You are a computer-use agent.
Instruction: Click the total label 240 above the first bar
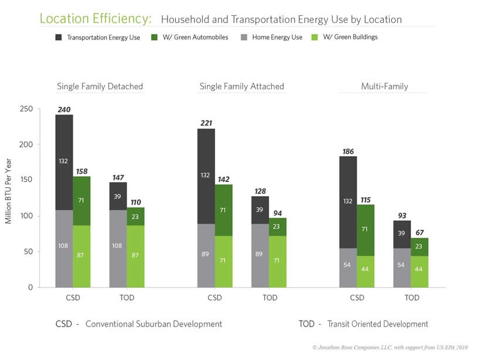[x=64, y=109]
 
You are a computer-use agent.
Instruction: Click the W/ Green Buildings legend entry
[x=350, y=38]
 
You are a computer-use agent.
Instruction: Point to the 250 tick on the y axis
[x=26, y=109]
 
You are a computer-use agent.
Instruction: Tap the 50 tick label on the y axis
[x=28, y=252]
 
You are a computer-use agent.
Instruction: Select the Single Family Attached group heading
[x=242, y=86]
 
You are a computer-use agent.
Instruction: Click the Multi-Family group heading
[x=384, y=86]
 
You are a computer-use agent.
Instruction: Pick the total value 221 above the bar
[x=206, y=123]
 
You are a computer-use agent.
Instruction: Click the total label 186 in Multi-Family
[x=348, y=152]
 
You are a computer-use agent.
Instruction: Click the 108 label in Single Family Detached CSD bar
[x=64, y=246]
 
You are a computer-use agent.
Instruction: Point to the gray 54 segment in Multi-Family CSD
[x=348, y=265]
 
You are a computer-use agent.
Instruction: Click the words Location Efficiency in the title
[x=95, y=19]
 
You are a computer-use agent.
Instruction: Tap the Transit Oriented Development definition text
[x=377, y=324]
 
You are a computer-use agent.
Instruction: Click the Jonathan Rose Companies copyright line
[x=390, y=348]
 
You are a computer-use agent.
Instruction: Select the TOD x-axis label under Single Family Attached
[x=270, y=298]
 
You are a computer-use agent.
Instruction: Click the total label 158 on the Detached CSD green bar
[x=82, y=172]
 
